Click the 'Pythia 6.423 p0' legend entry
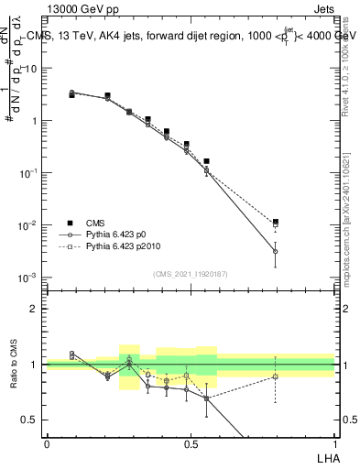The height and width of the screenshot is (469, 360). point(105,234)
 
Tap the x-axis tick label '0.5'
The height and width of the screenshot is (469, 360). point(191,442)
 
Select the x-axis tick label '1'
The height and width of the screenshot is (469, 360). point(334,442)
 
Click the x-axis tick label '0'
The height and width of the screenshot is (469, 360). point(47,442)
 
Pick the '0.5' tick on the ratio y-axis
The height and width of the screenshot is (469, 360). point(30,420)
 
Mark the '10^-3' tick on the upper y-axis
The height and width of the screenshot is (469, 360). point(28,278)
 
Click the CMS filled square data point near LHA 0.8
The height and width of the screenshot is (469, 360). point(275,222)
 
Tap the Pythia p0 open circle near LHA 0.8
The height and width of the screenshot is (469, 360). point(275,251)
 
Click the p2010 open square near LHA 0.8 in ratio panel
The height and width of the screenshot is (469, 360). point(275,376)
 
